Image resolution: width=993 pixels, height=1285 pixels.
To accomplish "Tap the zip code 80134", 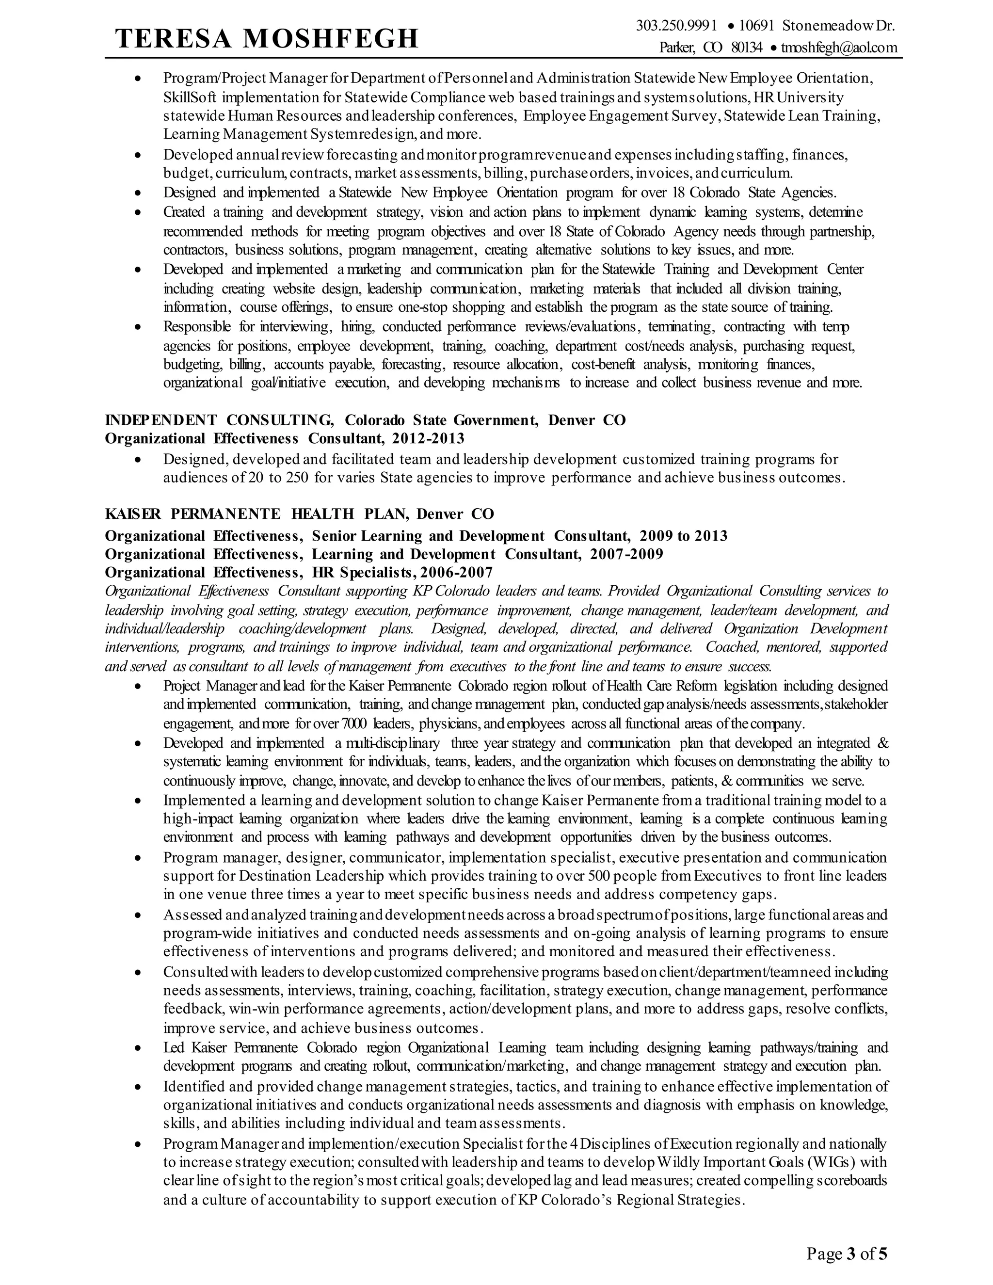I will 747,48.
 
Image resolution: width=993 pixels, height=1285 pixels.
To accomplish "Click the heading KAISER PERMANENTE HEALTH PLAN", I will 256,514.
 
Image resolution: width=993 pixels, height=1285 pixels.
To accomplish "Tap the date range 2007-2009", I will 626,554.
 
